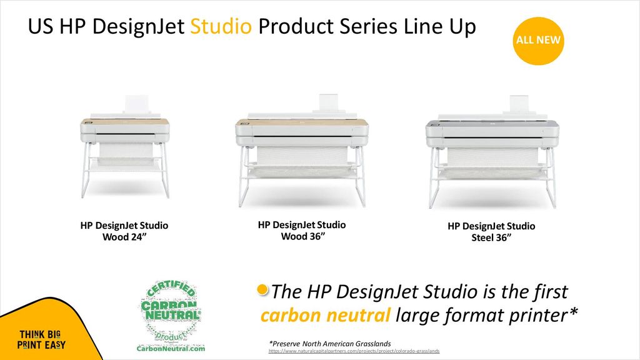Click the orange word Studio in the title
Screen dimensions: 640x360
tap(221, 26)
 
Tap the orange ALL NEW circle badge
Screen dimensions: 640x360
tap(538, 41)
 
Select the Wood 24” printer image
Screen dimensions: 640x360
tap(125, 146)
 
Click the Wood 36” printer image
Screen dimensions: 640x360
tap(302, 150)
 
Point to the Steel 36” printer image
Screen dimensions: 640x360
tap(492, 152)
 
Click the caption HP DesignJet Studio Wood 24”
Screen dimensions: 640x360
tap(124, 231)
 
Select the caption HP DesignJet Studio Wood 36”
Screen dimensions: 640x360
tap(302, 231)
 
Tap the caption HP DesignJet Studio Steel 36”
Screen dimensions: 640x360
tap(491, 232)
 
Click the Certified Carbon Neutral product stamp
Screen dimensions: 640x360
tap(171, 312)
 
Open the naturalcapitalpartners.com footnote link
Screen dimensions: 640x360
tap(354, 351)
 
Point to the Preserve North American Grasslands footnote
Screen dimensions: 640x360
tap(330, 344)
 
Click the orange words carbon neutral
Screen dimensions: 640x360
tap(325, 316)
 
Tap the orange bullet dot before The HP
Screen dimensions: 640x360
tap(262, 290)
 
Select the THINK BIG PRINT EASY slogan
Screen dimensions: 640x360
tap(41, 339)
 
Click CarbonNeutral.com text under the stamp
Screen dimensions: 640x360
tap(171, 349)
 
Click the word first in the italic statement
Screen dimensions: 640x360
tap(550, 292)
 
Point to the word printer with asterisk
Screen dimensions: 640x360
tap(541, 316)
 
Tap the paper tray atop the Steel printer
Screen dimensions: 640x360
tap(519, 105)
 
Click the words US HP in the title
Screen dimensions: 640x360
tap(57, 26)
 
